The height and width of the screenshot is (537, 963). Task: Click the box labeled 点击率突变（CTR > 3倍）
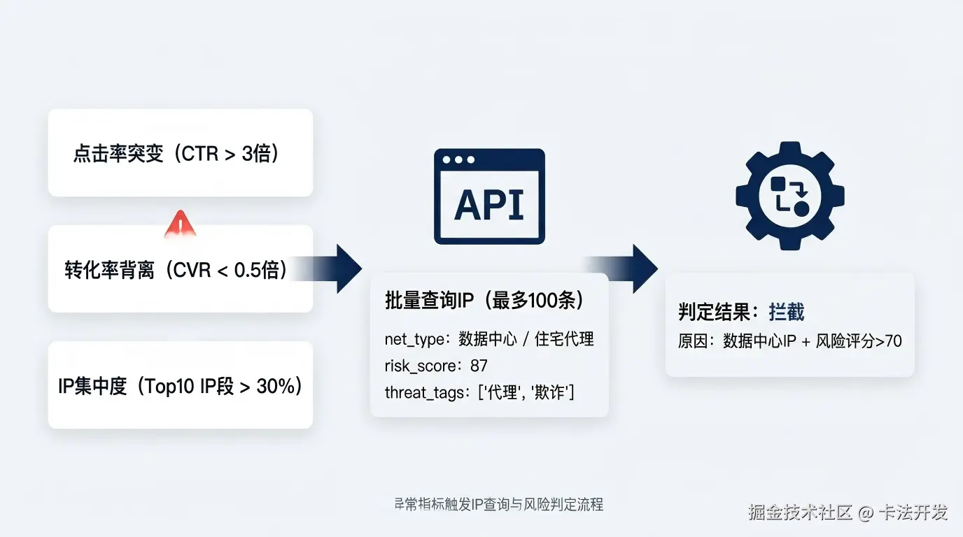coord(180,153)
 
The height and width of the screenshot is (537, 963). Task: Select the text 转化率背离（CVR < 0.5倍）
coord(176,270)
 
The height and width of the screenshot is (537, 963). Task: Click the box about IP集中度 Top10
coord(180,386)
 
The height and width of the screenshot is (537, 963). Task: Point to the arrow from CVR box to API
coord(336,268)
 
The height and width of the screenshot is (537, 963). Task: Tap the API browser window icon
coord(489,196)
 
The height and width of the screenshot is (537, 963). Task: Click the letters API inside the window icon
coord(489,205)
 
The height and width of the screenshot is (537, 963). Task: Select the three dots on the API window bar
coord(458,160)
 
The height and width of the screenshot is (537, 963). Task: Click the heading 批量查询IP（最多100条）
coord(485,301)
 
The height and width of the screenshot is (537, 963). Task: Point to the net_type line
coord(488,339)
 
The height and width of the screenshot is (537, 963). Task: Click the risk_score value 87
coord(479,366)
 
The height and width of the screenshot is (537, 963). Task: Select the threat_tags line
coord(479,393)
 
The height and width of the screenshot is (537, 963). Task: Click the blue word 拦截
coord(786,312)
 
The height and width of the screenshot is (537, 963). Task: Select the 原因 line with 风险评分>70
coord(789,341)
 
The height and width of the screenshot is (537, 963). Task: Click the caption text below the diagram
coord(498,504)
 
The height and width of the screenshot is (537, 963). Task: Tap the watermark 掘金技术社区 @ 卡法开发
coord(848,513)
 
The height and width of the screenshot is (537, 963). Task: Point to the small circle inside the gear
coord(801,208)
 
